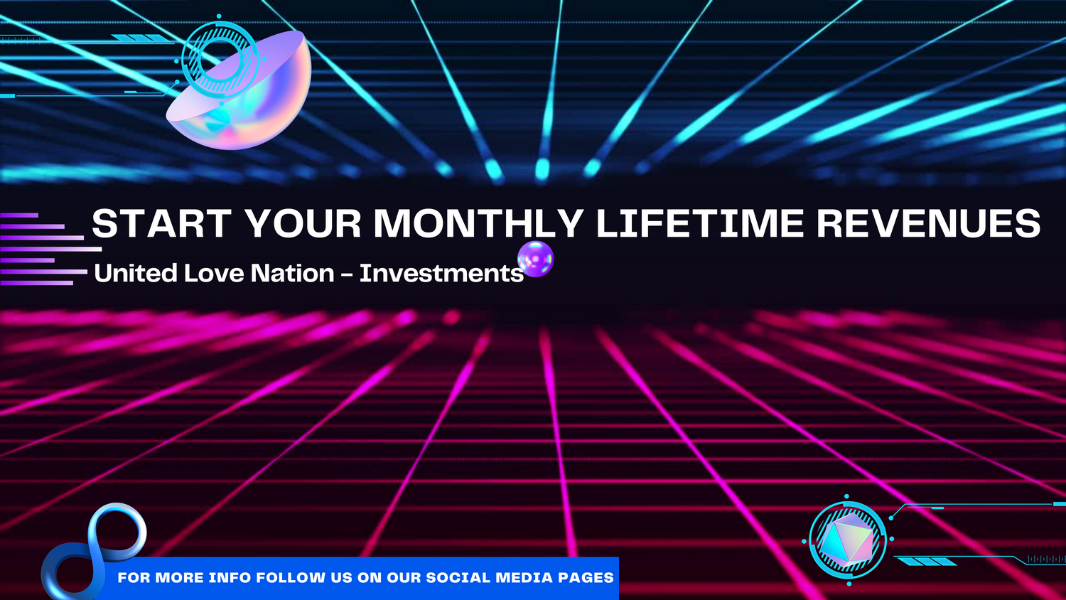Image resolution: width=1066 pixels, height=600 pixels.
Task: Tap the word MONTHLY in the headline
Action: click(479, 223)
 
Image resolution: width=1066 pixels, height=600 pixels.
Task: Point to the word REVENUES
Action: click(929, 223)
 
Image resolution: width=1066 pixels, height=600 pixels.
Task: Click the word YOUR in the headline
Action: click(303, 223)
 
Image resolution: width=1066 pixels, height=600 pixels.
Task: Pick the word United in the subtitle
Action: click(135, 273)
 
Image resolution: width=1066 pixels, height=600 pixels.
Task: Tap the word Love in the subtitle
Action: click(214, 273)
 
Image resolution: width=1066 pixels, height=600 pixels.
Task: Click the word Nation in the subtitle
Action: click(292, 273)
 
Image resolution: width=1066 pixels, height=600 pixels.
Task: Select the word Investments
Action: click(441, 273)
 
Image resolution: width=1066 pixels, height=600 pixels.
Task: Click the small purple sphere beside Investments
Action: click(535, 259)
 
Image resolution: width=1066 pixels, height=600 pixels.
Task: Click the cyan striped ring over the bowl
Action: click(220, 60)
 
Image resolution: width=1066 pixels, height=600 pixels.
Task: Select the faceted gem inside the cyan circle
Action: click(847, 540)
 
